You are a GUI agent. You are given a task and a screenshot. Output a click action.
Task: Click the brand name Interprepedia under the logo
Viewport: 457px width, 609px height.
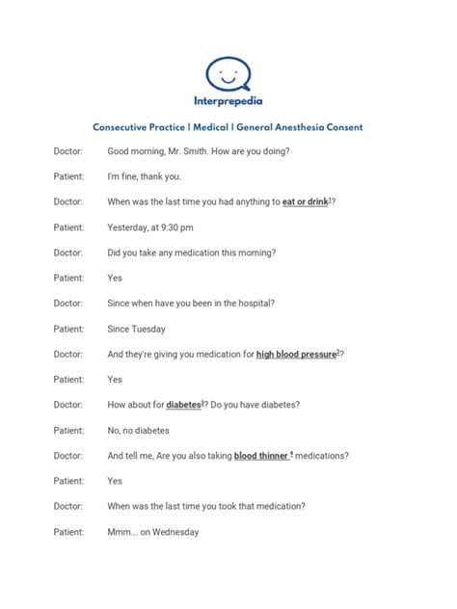click(x=228, y=101)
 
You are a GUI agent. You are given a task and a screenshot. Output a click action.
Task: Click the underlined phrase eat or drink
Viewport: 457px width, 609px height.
click(x=304, y=202)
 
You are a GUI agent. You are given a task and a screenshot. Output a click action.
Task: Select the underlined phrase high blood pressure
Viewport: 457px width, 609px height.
click(x=296, y=355)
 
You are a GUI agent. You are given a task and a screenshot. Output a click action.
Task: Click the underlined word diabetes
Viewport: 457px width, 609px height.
click(x=183, y=405)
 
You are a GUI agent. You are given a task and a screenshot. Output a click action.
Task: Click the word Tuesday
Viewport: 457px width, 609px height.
click(x=149, y=329)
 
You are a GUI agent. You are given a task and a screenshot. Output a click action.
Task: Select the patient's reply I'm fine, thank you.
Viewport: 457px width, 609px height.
click(x=144, y=177)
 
